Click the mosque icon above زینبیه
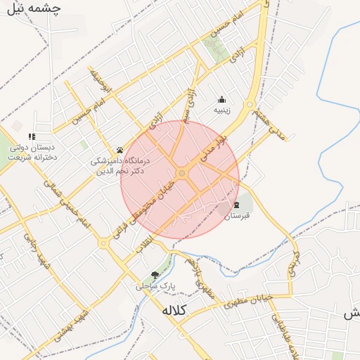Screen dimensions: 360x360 point(222,99)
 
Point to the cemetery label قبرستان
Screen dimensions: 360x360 point(237,216)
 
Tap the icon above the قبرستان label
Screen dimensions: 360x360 point(236,205)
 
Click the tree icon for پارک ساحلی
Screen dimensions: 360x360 point(155,275)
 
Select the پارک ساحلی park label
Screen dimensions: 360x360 point(154,286)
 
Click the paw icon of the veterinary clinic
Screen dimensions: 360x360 point(120,150)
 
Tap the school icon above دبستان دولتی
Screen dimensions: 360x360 point(31,136)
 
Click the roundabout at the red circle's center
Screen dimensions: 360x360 point(182,172)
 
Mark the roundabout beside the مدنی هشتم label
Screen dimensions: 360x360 point(249,106)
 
